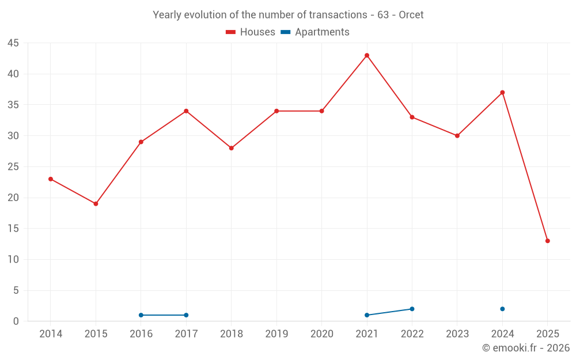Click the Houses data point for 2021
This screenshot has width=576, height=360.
click(367, 55)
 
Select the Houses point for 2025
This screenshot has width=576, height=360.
click(548, 241)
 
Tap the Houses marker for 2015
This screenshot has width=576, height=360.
click(96, 204)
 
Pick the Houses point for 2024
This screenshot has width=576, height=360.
click(502, 93)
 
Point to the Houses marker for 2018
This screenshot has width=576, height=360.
click(232, 148)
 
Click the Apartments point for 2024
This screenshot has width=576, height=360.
click(502, 309)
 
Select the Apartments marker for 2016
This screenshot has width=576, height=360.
click(141, 315)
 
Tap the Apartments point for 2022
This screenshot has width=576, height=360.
click(412, 309)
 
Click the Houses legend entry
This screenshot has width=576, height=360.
click(251, 32)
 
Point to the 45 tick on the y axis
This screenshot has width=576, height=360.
click(13, 43)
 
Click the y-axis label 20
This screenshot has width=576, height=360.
click(13, 198)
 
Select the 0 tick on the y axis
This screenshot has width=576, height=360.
click(16, 321)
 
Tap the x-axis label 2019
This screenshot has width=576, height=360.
click(276, 334)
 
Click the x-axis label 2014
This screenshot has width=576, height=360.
click(51, 334)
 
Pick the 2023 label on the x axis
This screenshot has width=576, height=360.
click(457, 334)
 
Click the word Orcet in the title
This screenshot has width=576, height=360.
click(411, 15)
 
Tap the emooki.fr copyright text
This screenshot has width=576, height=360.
click(526, 348)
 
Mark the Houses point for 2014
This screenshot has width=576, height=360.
click(51, 179)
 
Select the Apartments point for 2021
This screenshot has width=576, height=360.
click(367, 315)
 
